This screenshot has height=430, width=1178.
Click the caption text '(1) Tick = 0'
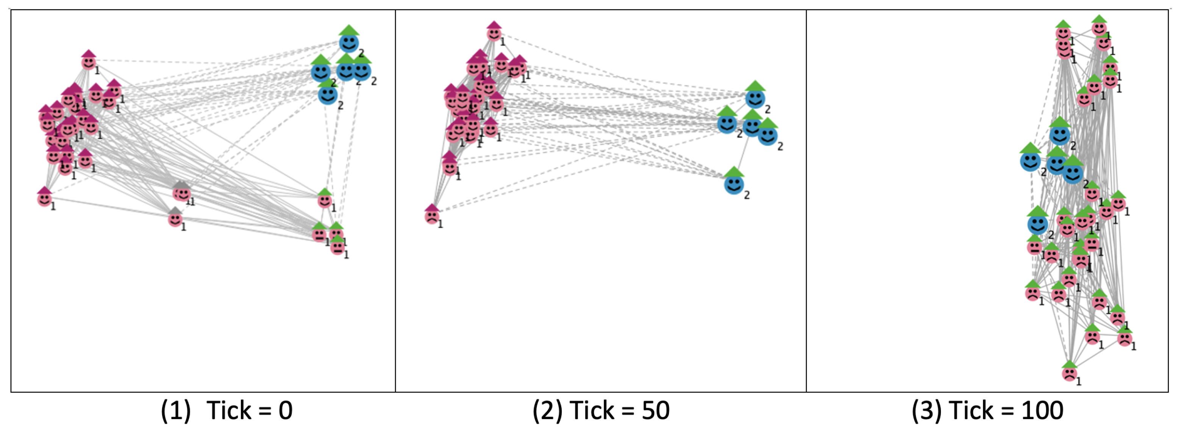click(227, 410)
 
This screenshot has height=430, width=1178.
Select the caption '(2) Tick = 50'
click(600, 410)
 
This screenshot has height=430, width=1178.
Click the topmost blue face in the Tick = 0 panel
click(349, 44)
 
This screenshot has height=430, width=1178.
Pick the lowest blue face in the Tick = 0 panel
click(328, 95)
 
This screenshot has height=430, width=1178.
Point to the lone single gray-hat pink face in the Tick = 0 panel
click(175, 219)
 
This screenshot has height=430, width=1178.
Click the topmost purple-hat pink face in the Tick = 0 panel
click(89, 62)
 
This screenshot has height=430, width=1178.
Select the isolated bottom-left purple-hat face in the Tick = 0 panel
click(44, 199)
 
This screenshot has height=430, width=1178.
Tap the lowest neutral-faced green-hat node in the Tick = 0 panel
click(337, 247)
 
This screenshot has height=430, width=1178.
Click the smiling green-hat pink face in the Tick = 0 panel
click(325, 200)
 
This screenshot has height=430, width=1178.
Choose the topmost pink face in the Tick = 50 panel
click(494, 33)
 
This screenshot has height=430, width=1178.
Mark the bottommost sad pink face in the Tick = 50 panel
click(432, 217)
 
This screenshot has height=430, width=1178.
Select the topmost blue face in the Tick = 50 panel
click(755, 98)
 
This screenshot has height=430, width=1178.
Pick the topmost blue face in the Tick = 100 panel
click(1059, 135)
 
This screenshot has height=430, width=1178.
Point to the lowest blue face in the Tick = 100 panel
click(1037, 224)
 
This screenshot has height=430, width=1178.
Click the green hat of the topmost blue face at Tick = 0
click(349, 30)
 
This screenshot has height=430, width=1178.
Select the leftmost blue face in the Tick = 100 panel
click(1030, 161)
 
